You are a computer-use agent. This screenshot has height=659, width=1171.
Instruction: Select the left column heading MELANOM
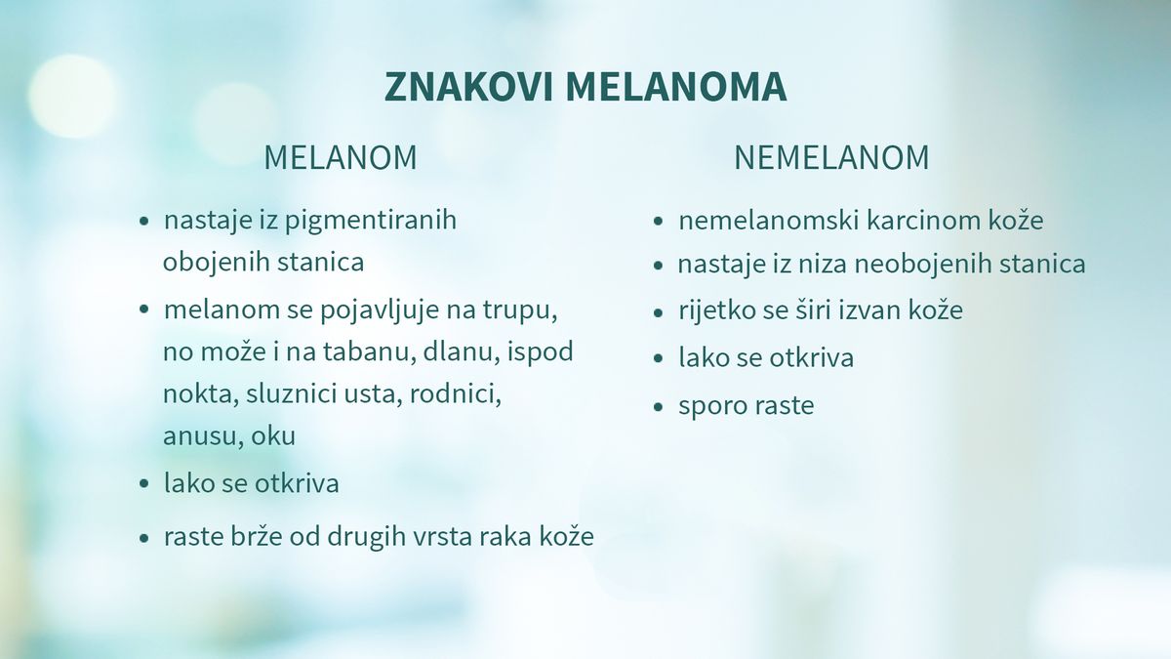click(340, 158)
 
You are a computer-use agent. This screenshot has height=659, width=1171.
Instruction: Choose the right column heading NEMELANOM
click(831, 158)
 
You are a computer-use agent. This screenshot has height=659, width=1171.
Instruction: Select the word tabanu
click(374, 352)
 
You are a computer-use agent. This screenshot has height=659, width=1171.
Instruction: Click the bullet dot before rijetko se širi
click(659, 312)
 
